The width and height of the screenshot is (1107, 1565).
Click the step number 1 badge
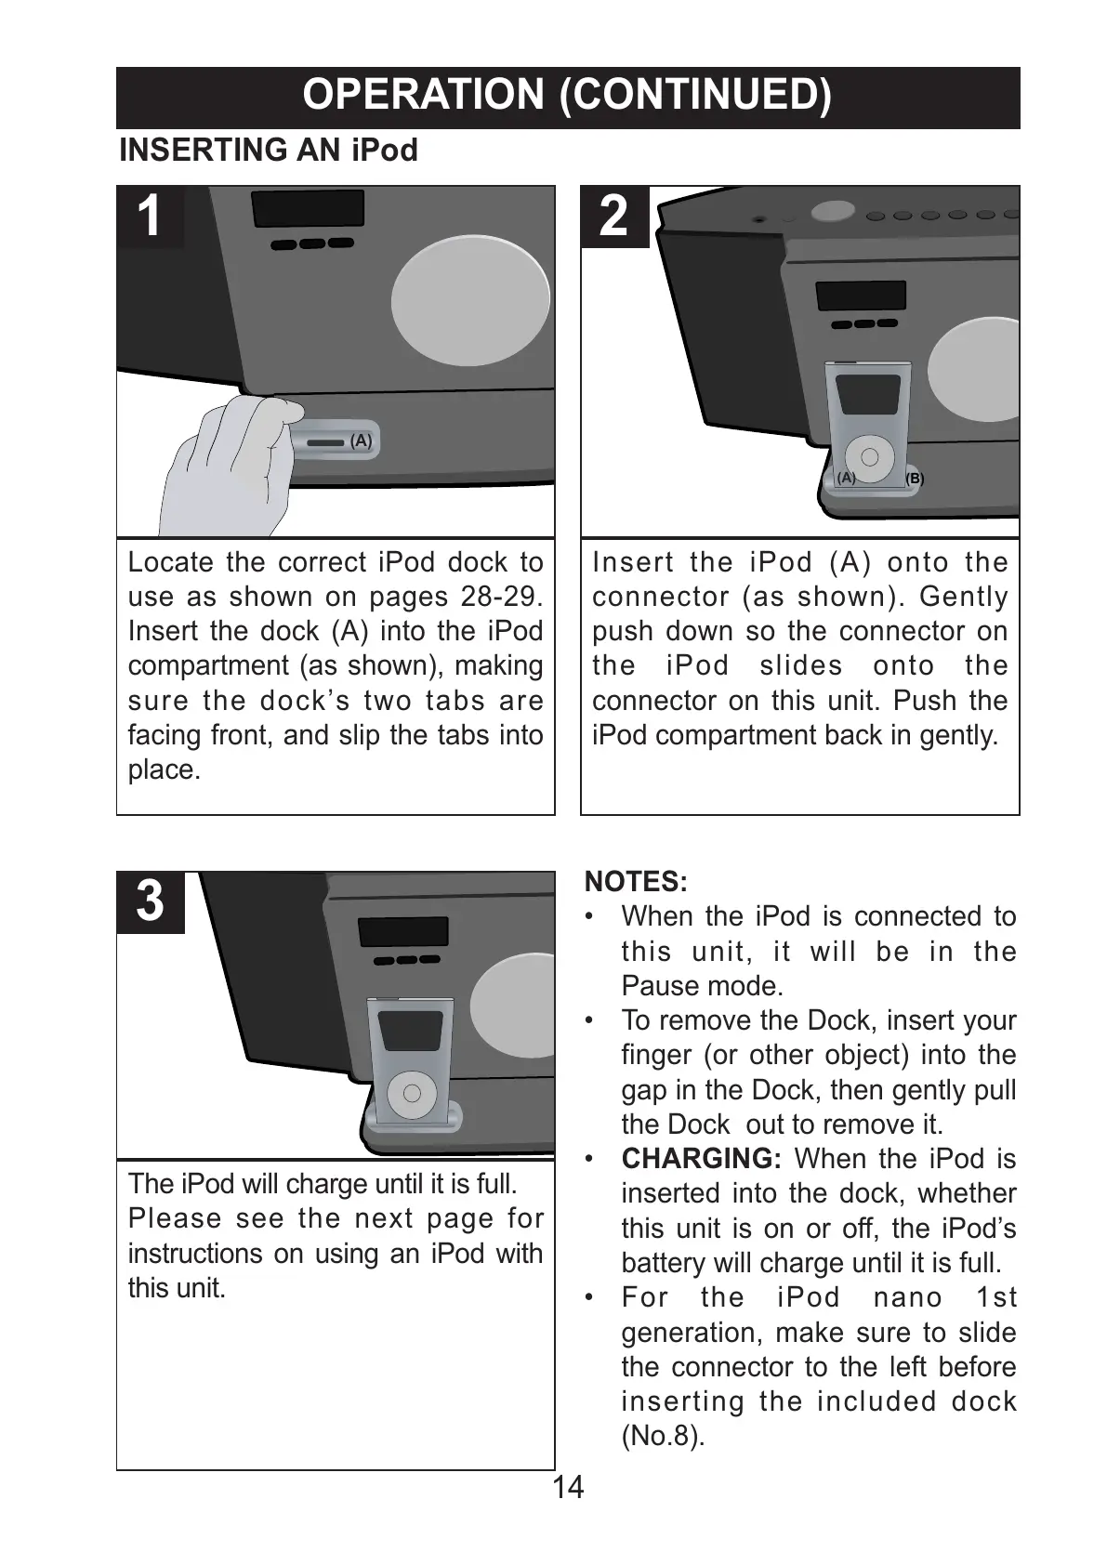[150, 217]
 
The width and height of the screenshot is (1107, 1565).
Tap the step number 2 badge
[614, 217]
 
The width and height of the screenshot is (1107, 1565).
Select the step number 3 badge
[150, 902]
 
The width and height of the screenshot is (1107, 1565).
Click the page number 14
[568, 1488]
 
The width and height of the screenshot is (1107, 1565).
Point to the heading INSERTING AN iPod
[269, 151]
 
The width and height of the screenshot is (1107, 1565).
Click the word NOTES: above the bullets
[636, 881]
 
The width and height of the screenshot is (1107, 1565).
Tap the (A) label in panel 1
[361, 441]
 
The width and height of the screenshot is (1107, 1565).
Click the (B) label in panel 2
[915, 479]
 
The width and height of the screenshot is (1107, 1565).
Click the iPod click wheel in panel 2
[870, 456]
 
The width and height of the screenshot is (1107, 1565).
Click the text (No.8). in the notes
[663, 1436]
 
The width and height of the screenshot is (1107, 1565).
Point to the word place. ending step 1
[165, 770]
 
